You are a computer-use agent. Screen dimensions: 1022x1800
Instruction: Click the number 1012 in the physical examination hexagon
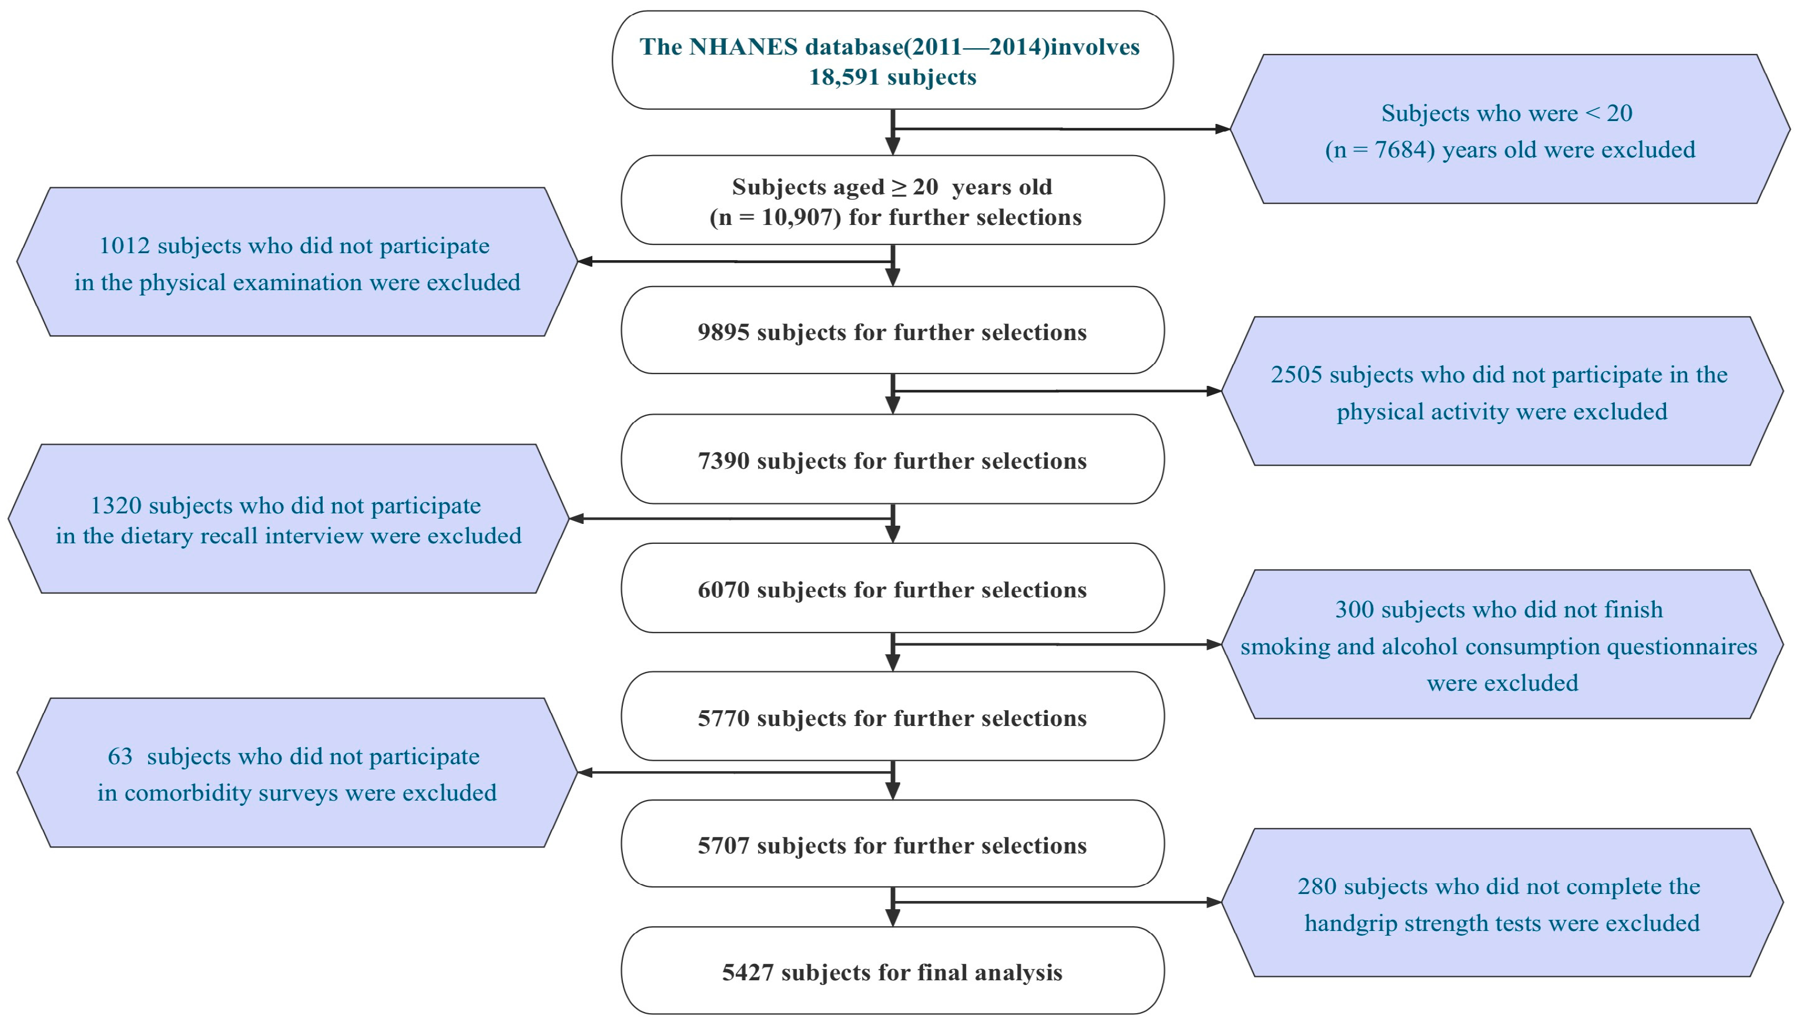pyautogui.click(x=125, y=246)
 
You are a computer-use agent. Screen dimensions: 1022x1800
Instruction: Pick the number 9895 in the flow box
pyautogui.click(x=723, y=332)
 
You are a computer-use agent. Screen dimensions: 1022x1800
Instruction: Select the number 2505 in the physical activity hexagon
pyautogui.click(x=1296, y=375)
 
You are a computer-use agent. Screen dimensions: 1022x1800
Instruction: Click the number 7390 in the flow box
pyautogui.click(x=723, y=461)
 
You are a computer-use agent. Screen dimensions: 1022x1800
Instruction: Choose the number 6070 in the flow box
pyautogui.click(x=723, y=590)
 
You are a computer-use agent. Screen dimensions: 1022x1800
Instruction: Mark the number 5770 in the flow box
pyautogui.click(x=723, y=719)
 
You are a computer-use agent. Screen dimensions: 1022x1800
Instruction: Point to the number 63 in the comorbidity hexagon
pyautogui.click(x=120, y=757)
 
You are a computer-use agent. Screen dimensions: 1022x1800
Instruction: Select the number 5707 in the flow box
pyautogui.click(x=723, y=846)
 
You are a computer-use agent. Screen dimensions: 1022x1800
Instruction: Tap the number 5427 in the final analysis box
pyautogui.click(x=748, y=973)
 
